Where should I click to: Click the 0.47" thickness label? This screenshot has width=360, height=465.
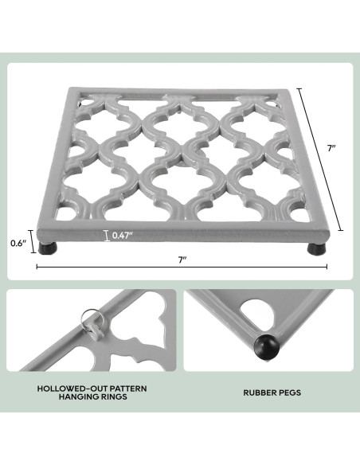point(122,236)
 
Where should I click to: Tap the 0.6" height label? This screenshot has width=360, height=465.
point(18,244)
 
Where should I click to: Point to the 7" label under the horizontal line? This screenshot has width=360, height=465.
point(182,260)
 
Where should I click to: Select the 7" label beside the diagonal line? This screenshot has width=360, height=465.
point(331,148)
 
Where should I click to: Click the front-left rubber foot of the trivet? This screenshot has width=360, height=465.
point(48,248)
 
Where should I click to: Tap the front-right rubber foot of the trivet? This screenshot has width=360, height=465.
point(317,248)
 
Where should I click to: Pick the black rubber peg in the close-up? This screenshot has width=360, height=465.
point(267,346)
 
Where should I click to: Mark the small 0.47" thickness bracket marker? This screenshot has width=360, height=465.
point(107,236)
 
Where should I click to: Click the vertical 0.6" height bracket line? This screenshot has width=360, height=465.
point(33,242)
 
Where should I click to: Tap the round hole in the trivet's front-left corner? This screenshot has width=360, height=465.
point(65,213)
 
